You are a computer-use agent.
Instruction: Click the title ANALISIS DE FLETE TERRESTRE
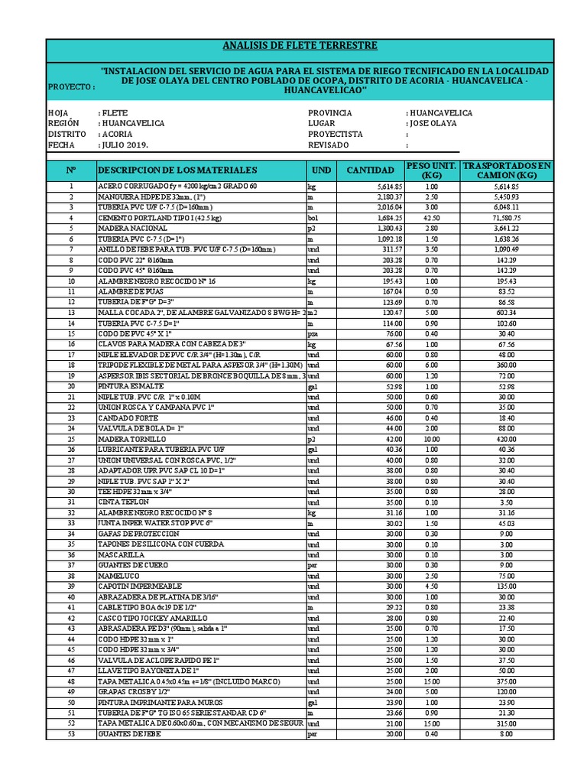tap(299, 47)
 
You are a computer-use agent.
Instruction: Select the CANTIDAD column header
tap(371, 170)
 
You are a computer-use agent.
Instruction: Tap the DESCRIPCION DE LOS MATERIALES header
tap(177, 170)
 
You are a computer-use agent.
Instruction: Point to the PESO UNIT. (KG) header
tap(431, 170)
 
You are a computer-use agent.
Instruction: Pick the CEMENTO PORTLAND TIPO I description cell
tap(156, 218)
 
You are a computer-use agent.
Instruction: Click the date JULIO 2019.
tap(124, 145)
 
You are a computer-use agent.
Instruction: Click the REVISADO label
tap(328, 145)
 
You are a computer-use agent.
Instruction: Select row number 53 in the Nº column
tap(71, 735)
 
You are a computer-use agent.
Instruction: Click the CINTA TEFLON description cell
tap(122, 502)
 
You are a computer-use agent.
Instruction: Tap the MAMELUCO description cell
tap(118, 576)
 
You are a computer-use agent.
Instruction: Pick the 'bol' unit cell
tap(313, 218)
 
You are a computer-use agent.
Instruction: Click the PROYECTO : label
tap(71, 87)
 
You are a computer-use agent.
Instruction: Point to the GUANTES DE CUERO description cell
tap(127, 565)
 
